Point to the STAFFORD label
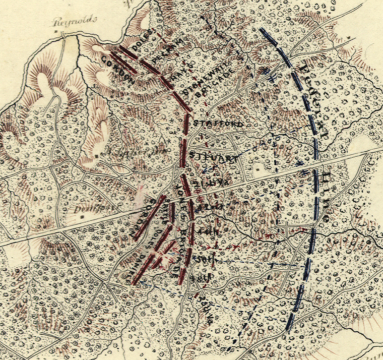212,124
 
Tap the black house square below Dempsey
82,217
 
